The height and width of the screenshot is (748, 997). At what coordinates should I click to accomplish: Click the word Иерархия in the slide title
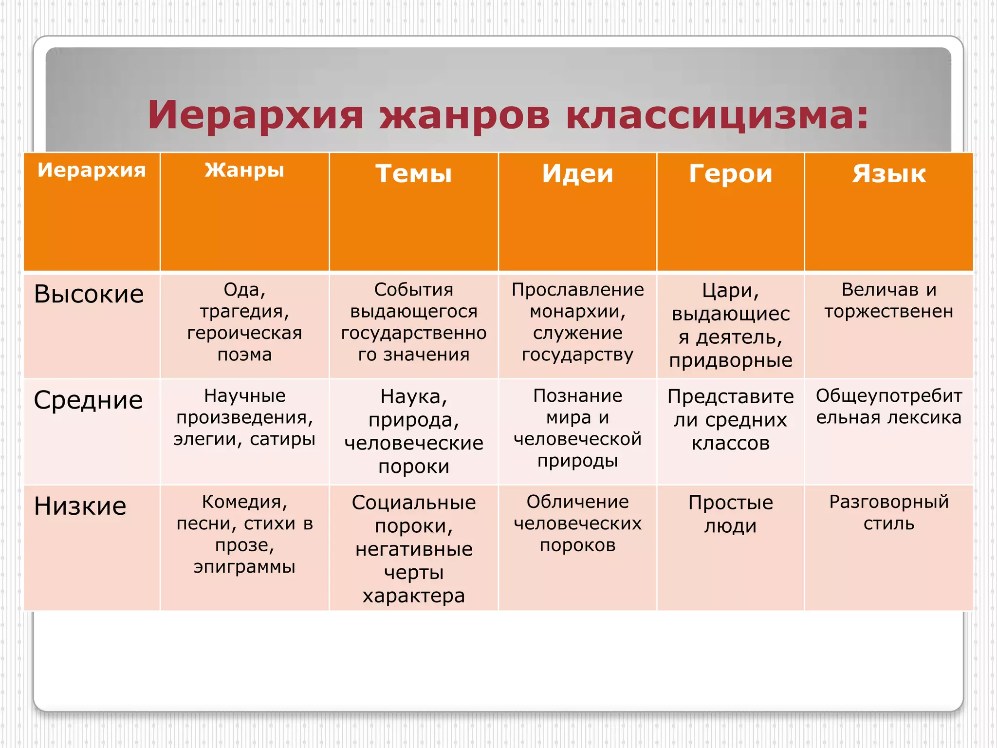pos(255,115)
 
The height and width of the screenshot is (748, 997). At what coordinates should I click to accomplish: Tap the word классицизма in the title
pos(717,115)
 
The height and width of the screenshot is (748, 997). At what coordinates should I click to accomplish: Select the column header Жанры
pos(244,170)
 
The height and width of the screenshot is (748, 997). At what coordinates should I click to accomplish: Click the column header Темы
pos(413,173)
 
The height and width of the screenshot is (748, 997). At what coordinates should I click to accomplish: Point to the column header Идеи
pos(577,173)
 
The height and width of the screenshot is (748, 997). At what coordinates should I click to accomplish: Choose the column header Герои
pos(730,173)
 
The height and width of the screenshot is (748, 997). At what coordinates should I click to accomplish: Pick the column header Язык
pos(888,173)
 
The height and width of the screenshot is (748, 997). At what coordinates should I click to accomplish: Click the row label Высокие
pos(89,294)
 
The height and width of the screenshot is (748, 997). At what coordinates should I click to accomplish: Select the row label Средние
pos(88,400)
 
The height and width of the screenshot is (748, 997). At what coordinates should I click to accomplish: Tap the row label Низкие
pos(80,506)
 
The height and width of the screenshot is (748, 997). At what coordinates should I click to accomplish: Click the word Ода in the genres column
pos(240,290)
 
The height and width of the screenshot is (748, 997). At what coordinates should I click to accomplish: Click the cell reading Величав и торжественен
pos(888,300)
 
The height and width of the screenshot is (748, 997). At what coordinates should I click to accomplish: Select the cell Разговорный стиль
pos(888,512)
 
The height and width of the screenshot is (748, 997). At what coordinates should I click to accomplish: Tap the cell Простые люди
pos(730,514)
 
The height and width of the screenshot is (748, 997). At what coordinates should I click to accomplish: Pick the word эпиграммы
pos(244,567)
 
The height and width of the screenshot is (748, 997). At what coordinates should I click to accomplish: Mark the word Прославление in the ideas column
pos(577,290)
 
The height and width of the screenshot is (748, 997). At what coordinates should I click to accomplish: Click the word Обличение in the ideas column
pos(577,502)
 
